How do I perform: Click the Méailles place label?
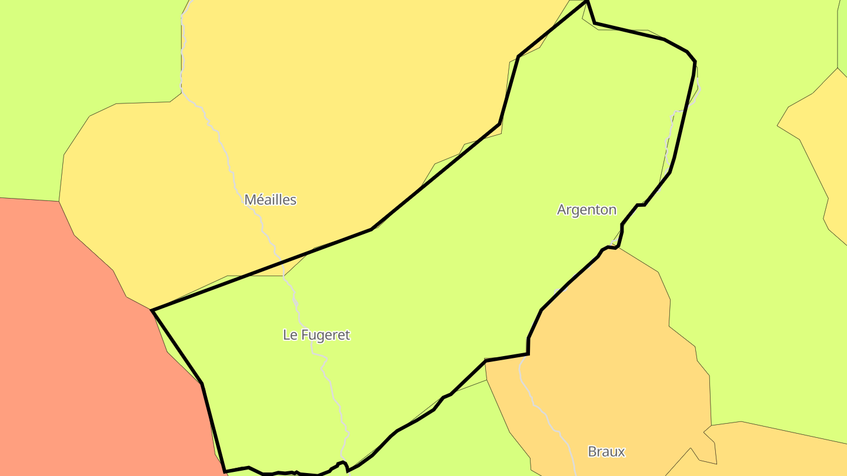270,200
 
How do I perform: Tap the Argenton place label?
586,210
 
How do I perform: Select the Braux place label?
606,452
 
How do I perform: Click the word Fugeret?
325,335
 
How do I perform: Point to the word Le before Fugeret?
290,335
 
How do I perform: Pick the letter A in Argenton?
562,210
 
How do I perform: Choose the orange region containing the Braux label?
618,353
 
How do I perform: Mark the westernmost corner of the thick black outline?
152,310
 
